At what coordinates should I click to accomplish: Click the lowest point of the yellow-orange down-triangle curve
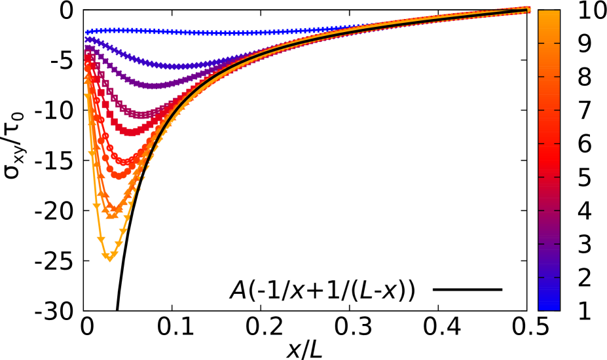click(109, 258)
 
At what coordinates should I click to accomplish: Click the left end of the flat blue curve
click(88, 31)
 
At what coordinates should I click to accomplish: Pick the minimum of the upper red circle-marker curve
click(124, 162)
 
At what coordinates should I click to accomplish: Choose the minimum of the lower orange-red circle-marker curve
click(119, 176)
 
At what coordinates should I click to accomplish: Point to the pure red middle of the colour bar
click(549, 160)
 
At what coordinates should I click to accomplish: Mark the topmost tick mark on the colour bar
click(549, 43)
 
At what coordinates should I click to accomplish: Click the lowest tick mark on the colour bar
click(549, 278)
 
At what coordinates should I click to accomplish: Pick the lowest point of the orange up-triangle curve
click(112, 214)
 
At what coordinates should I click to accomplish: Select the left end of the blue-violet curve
click(88, 39)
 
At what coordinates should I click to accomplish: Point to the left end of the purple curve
click(88, 48)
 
